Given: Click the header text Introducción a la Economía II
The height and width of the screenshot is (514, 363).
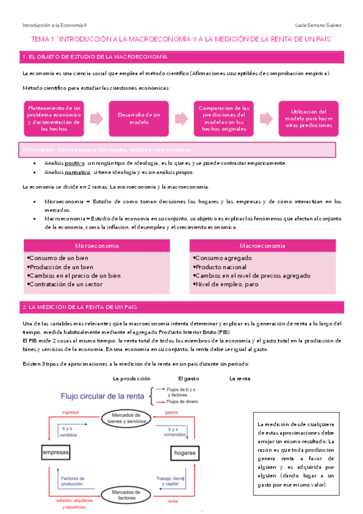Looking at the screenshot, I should point(55,25).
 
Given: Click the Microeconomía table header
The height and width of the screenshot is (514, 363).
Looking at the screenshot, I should point(96,246).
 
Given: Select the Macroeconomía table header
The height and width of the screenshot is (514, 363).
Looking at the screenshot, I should point(262,246).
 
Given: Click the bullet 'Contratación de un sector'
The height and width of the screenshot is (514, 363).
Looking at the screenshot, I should point(67,284).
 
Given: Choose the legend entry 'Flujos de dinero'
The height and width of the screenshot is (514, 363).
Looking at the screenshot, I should point(184,401).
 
